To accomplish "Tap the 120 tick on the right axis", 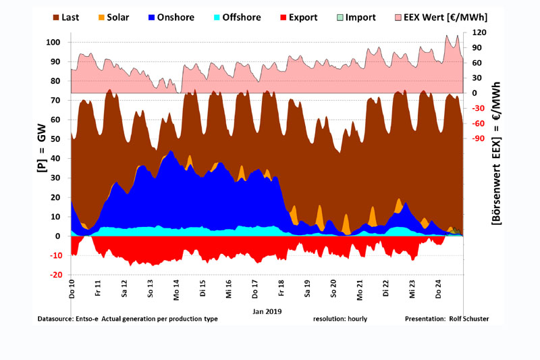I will pyautogui.click(x=479, y=32).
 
